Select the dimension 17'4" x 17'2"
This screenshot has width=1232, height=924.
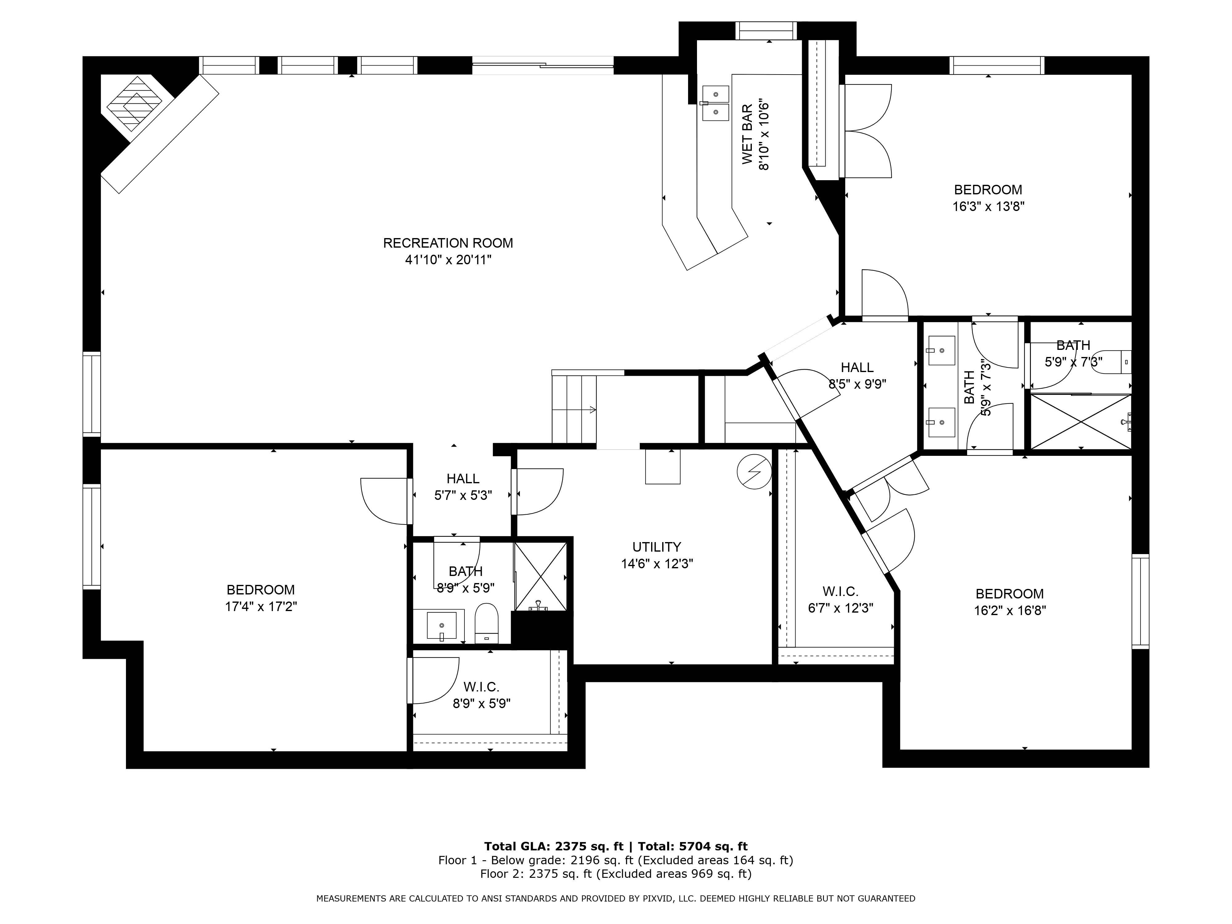261,606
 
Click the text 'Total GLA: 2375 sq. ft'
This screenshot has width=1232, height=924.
553,847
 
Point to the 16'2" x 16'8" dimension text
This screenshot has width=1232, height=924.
1010,610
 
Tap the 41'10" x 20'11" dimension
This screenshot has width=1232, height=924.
448,260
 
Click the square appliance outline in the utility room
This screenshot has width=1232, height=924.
663,467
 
